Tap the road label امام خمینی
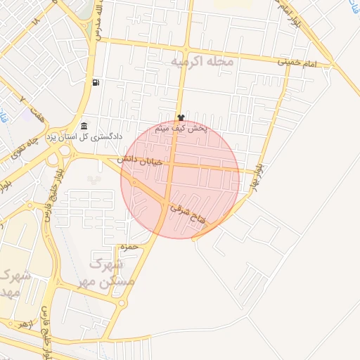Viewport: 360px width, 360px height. click(307, 63)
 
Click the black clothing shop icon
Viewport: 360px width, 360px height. click(181, 117)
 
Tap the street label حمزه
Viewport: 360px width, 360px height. click(127, 247)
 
